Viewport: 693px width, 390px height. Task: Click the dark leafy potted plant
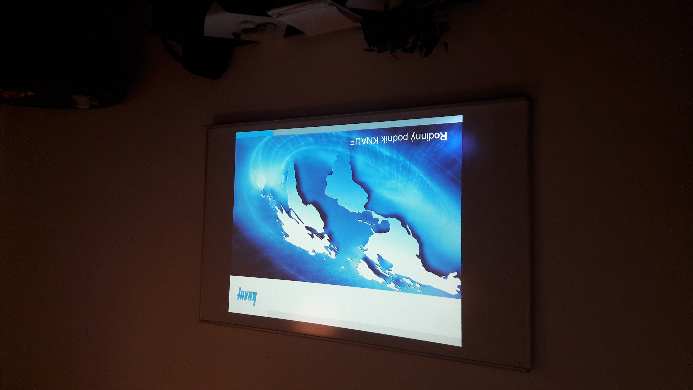(404, 27)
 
